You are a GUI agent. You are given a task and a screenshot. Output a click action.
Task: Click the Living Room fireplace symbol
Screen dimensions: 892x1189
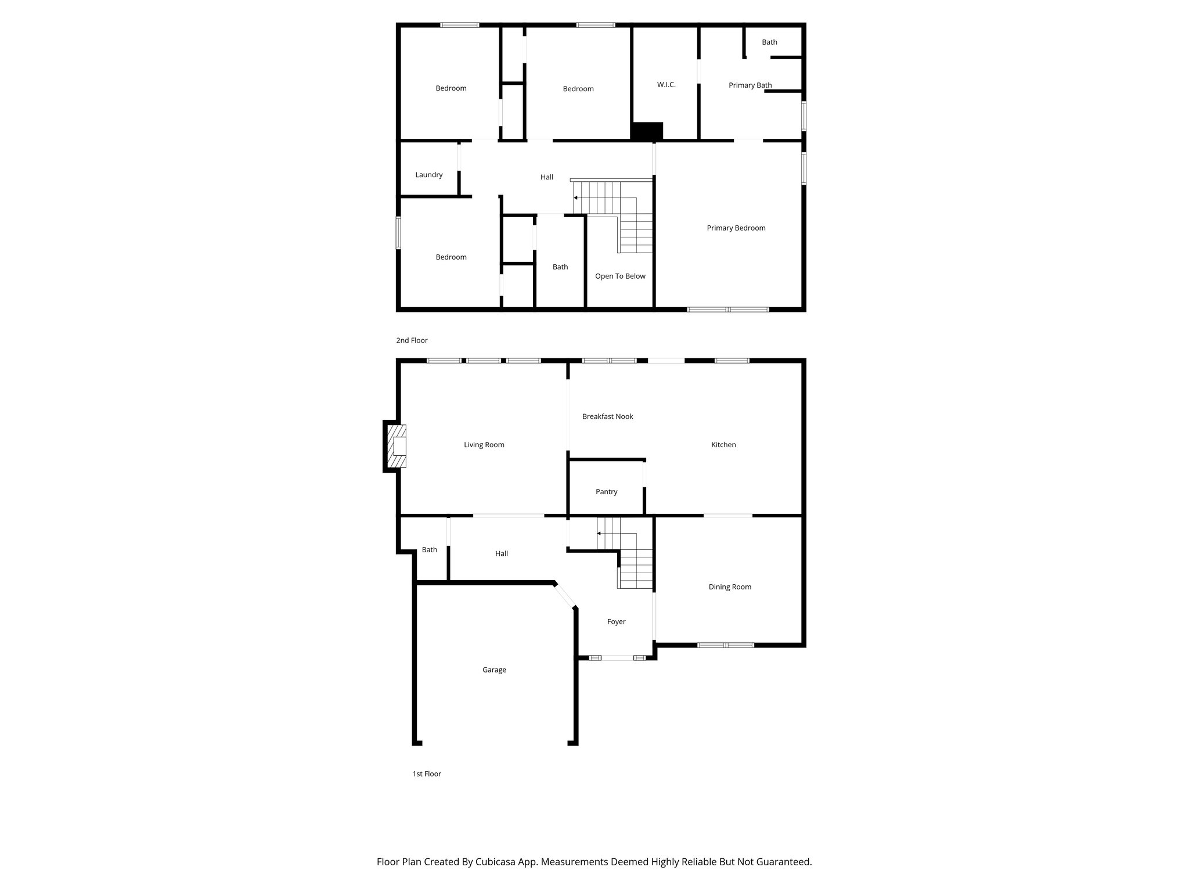pyautogui.click(x=398, y=446)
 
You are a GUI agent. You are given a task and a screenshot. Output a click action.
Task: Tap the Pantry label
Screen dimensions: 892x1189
pyautogui.click(x=606, y=492)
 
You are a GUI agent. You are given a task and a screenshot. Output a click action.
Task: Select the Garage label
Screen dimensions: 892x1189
pyautogui.click(x=494, y=670)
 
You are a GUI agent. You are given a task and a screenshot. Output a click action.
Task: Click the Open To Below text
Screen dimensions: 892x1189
pyautogui.click(x=620, y=276)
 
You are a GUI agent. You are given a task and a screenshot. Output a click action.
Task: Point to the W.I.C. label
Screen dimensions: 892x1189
pyautogui.click(x=666, y=85)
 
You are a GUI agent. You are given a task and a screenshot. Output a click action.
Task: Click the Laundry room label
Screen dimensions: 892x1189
pyautogui.click(x=429, y=175)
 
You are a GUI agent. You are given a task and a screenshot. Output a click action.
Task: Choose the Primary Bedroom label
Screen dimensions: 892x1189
pyautogui.click(x=736, y=228)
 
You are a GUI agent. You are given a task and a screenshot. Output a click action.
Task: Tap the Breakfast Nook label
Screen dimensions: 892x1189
pyautogui.click(x=607, y=416)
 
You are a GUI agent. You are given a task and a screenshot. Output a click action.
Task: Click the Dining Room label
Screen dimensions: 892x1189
pyautogui.click(x=730, y=587)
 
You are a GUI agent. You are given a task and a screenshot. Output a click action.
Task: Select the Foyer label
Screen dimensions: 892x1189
pyautogui.click(x=616, y=622)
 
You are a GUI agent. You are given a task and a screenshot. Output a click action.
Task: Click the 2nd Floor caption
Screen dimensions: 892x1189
pyautogui.click(x=412, y=340)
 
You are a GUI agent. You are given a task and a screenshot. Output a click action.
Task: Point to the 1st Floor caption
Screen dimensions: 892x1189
pyautogui.click(x=427, y=774)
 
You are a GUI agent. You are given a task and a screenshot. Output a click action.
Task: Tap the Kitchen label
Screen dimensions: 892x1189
pyautogui.click(x=723, y=445)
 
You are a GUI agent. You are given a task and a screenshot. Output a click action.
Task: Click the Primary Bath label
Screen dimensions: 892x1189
pyautogui.click(x=750, y=85)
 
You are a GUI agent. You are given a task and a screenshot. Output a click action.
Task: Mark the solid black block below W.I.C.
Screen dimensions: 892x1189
pyautogui.click(x=647, y=131)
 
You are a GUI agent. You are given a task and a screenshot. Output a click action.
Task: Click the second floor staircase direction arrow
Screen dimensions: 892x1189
pyautogui.click(x=576, y=198)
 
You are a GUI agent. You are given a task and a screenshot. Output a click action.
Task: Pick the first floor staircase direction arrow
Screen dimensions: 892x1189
pyautogui.click(x=599, y=533)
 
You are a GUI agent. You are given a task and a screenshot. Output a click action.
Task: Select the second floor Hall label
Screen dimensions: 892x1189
pyautogui.click(x=547, y=177)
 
